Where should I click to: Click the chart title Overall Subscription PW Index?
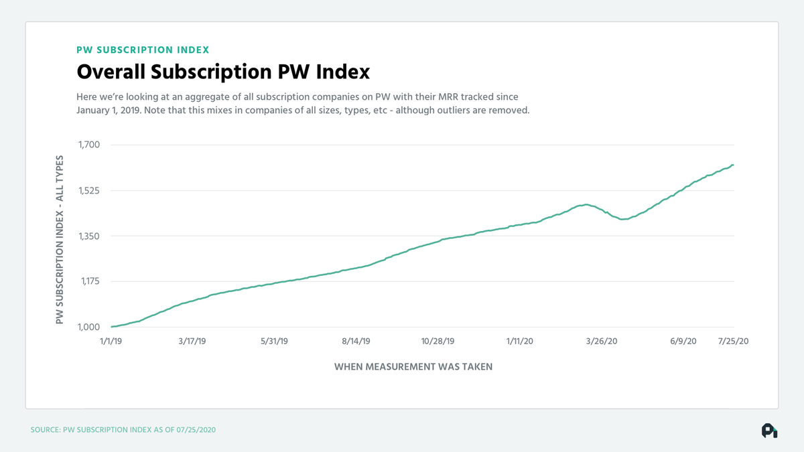pos(223,72)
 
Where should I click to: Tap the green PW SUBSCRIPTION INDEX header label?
pos(143,50)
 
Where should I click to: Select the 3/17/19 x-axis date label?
pos(192,342)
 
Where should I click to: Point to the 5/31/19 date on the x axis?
pos(273,342)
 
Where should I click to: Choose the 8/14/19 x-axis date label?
pos(356,342)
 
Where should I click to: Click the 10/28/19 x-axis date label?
pos(438,342)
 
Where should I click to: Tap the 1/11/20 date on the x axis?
pos(520,342)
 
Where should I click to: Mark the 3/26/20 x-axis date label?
pos(602,342)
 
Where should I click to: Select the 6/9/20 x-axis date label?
pos(683,342)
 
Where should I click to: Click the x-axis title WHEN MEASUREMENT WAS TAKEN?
pos(413,367)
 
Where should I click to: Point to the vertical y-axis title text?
pos(60,240)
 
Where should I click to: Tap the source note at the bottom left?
pos(123,429)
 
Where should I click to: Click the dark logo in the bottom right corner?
pos(769,431)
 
